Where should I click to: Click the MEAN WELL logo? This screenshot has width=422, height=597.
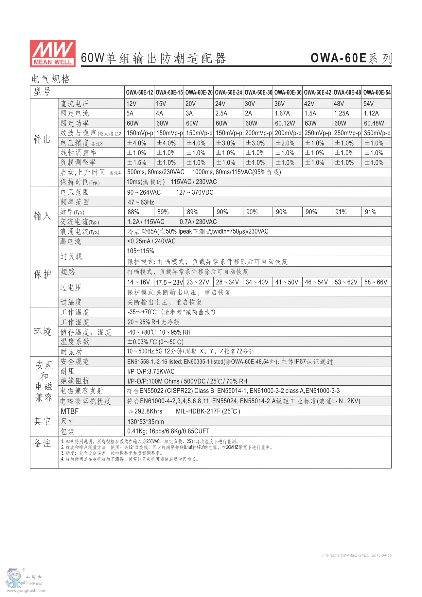(x=53, y=54)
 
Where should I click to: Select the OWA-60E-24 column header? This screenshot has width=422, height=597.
(x=228, y=93)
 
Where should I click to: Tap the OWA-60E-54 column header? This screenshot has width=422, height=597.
(x=377, y=93)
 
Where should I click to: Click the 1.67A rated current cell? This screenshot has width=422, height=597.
(x=282, y=114)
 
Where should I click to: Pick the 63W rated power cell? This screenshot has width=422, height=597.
(x=310, y=123)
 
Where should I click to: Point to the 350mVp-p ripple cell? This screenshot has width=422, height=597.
(x=377, y=133)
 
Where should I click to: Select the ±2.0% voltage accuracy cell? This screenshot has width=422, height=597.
(x=285, y=143)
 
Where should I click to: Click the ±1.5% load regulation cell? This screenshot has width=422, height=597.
(x=137, y=163)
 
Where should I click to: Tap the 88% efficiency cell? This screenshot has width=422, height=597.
(x=133, y=212)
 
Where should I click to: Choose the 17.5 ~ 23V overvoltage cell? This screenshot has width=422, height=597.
(x=169, y=282)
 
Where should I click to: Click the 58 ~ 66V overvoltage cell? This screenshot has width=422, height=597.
(x=376, y=282)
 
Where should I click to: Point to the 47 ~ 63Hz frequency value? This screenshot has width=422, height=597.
(x=141, y=202)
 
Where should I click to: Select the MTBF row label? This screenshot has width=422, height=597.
(x=70, y=412)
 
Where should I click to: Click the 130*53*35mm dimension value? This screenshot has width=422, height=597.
(x=146, y=422)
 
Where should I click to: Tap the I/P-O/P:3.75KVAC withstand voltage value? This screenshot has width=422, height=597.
(x=151, y=372)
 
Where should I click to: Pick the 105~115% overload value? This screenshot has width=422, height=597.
(x=140, y=251)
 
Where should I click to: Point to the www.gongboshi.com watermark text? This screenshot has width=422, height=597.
(x=26, y=591)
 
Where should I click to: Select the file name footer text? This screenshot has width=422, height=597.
(x=357, y=555)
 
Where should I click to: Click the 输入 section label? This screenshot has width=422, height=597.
(x=43, y=216)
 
